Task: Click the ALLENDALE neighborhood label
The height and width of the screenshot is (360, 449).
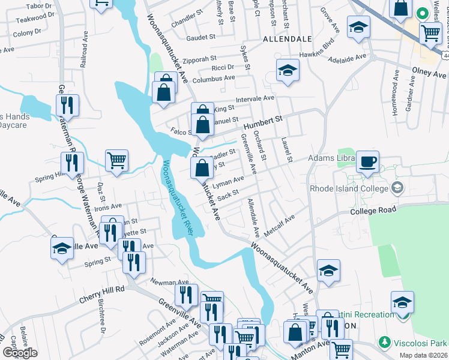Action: coord(287,38)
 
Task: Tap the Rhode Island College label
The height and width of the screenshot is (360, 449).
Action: coord(348,188)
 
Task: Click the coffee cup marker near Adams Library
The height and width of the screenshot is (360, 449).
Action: coord(367,161)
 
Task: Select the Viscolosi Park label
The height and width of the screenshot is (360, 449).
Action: coord(420,342)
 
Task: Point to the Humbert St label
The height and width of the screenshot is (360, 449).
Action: coord(262,124)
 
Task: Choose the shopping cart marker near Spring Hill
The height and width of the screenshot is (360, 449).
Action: coord(116,160)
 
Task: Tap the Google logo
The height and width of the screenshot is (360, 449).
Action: coord(19,353)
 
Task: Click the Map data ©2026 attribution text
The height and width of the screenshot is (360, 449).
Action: coord(423,355)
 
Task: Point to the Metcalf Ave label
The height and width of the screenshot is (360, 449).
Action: coord(282,227)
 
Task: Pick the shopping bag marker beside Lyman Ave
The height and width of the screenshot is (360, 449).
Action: coord(200,168)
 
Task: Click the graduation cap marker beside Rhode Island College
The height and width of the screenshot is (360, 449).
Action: coord(397,188)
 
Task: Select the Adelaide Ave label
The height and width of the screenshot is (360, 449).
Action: coord(349,58)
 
